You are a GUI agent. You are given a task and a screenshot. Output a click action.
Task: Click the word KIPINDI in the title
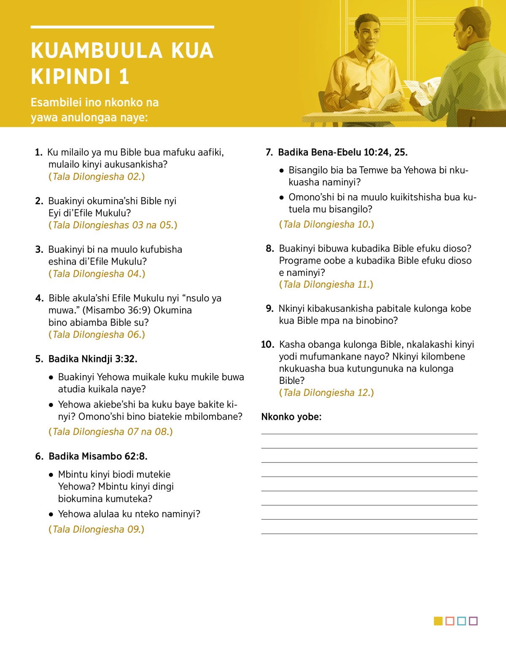(x=69, y=77)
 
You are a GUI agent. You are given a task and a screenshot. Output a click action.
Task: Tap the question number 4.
(x=39, y=298)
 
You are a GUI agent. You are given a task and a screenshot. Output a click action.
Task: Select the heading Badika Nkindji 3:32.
(x=93, y=359)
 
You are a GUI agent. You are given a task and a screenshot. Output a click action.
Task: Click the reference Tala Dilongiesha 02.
(x=97, y=177)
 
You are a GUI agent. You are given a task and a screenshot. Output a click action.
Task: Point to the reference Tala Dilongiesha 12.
(x=326, y=393)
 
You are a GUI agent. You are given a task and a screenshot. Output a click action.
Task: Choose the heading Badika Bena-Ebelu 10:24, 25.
(x=342, y=152)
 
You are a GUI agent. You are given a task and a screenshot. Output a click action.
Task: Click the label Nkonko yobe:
(x=291, y=417)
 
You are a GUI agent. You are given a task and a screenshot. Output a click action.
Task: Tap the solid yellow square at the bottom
(x=438, y=621)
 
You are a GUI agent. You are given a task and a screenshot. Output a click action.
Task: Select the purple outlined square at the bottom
(x=473, y=621)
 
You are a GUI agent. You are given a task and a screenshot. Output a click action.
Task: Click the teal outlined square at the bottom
(x=461, y=621)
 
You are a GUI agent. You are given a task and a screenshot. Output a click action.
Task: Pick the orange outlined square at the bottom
(x=450, y=621)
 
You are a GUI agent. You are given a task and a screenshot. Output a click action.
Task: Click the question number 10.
(x=267, y=345)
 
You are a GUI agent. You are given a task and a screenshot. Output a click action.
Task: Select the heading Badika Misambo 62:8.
(x=98, y=457)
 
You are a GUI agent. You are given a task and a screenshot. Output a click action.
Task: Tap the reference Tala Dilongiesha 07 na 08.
(x=110, y=432)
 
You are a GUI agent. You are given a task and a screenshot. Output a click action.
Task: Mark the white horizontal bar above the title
(x=122, y=27)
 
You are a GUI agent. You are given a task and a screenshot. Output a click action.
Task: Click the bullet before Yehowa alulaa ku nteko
(x=51, y=514)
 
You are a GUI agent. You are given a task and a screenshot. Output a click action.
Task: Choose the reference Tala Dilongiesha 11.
(x=326, y=285)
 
